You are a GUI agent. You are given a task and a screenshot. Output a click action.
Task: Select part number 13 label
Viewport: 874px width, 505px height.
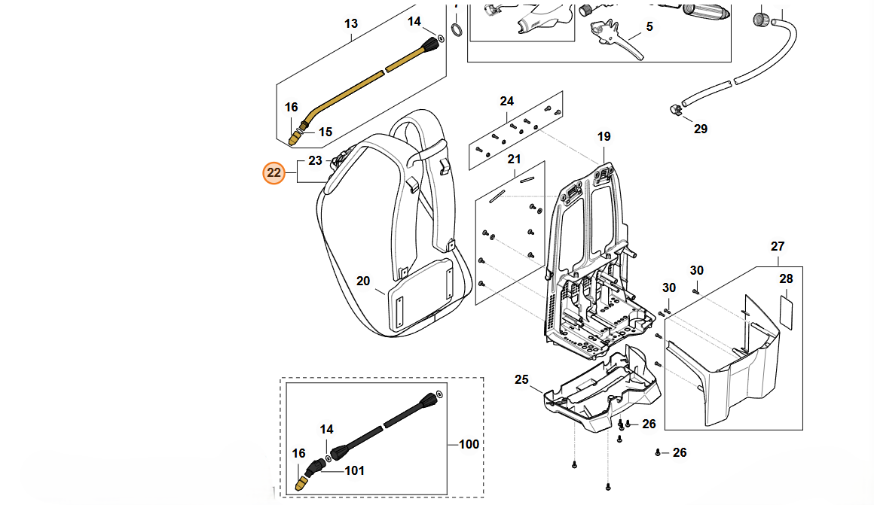point(351,24)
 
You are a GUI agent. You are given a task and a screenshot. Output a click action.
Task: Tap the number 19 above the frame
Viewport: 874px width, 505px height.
point(604,137)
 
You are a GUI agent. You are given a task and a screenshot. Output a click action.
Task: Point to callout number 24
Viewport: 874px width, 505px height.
point(506,102)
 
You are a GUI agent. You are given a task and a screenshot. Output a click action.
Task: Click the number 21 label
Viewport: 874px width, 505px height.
point(514,160)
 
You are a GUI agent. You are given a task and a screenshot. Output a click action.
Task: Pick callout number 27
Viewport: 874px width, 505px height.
point(778,247)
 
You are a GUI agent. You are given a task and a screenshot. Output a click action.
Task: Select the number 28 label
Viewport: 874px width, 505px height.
point(786,279)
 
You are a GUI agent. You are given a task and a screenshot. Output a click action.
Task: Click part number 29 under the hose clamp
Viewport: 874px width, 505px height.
point(701,129)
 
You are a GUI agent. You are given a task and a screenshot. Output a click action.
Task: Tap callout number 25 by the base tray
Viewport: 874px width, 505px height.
point(522,379)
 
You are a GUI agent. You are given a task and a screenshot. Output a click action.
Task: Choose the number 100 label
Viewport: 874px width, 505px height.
point(469,445)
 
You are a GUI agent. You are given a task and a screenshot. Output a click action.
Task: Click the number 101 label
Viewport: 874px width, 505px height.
point(354,471)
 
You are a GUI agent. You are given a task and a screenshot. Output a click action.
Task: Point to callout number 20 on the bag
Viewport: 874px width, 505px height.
point(363,281)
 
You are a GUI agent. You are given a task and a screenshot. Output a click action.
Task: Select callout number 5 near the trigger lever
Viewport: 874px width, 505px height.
point(649,27)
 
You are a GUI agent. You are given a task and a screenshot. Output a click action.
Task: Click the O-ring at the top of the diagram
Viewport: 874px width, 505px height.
point(457,30)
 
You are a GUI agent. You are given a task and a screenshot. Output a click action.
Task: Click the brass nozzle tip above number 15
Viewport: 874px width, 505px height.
point(296,138)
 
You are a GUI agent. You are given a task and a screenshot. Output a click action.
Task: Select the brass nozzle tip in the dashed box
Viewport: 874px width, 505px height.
point(301,482)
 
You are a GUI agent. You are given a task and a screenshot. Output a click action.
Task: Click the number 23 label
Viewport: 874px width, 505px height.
point(315,160)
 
